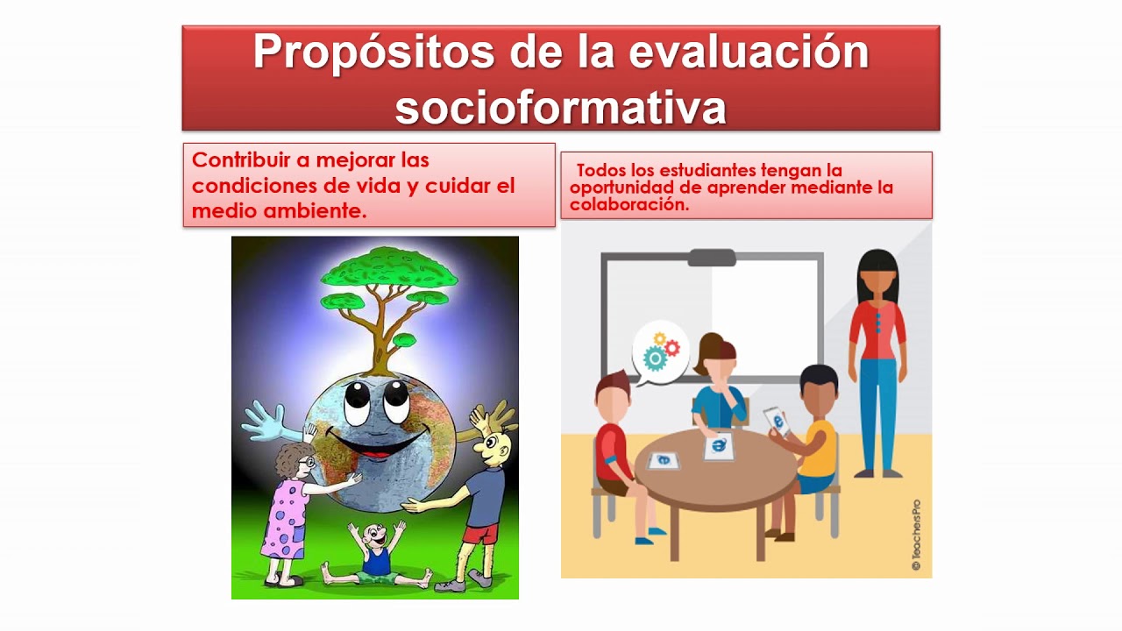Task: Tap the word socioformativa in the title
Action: [561, 107]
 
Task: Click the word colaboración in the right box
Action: [628, 205]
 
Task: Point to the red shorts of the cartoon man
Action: [480, 533]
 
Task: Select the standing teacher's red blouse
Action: [877, 329]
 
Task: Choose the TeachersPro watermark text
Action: [916, 535]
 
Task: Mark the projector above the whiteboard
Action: [711, 258]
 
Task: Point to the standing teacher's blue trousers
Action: [877, 412]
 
